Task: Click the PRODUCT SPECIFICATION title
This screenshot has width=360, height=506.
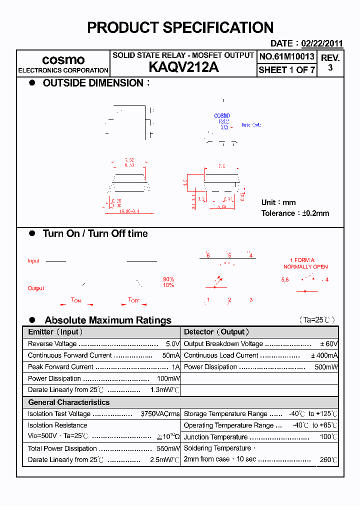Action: [180, 27]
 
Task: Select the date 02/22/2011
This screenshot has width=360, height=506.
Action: [322, 43]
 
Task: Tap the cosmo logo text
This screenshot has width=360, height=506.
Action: [63, 59]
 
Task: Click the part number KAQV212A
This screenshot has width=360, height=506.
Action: [183, 67]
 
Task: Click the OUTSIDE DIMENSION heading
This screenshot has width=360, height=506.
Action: [93, 83]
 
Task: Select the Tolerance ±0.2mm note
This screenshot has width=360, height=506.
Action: [295, 213]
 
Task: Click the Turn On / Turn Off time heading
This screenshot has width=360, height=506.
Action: [95, 233]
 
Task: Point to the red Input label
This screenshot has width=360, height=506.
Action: [33, 261]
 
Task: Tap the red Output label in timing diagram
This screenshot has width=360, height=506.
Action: [36, 288]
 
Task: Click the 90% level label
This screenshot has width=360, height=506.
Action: [168, 279]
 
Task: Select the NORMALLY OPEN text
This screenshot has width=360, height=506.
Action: [305, 266]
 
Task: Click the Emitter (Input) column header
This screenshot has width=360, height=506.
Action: [55, 332]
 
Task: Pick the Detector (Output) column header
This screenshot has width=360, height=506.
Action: [216, 332]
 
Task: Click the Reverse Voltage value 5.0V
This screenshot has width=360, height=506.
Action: [172, 344]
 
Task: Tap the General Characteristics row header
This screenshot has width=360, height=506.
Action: [68, 402]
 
